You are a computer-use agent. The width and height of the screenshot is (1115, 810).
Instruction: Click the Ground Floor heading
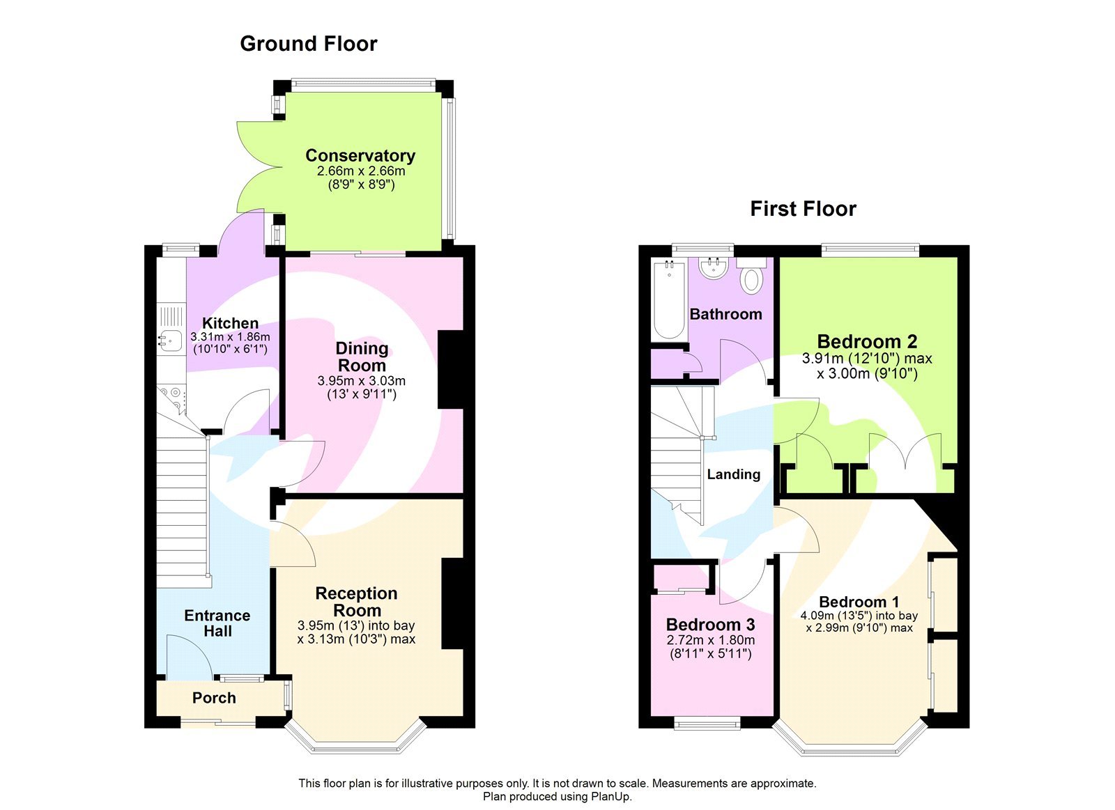click(308, 44)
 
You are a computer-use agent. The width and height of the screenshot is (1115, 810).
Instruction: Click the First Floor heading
click(803, 209)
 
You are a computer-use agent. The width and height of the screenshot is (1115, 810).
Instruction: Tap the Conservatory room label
click(360, 155)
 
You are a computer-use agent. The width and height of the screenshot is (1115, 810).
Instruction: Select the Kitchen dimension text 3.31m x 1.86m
click(230, 336)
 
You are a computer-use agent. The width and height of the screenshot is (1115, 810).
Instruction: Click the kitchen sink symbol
click(169, 340)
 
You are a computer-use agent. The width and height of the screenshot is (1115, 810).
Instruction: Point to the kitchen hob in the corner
click(169, 398)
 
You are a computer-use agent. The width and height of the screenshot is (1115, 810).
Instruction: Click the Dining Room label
click(362, 357)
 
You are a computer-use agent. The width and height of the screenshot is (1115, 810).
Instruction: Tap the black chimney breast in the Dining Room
click(450, 369)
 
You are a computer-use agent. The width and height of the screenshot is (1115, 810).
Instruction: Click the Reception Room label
click(356, 602)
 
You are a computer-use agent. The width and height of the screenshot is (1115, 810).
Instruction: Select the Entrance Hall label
click(217, 623)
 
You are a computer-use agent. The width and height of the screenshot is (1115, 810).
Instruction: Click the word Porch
click(214, 698)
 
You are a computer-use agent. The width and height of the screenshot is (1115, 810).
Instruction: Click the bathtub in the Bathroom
click(669, 299)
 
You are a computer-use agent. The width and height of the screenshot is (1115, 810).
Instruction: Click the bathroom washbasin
click(713, 268)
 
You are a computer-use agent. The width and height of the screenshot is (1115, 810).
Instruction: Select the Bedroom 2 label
click(867, 341)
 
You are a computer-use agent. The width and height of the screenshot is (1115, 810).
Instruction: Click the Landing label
click(734, 474)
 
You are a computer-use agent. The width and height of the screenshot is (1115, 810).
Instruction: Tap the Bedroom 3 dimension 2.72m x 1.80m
click(711, 640)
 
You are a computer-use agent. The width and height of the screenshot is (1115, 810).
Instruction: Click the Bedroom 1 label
click(859, 602)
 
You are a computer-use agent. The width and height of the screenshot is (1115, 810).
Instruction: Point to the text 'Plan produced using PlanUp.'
click(557, 797)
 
